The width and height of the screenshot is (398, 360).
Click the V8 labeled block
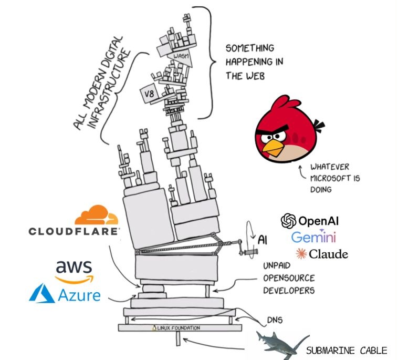tap(149, 93)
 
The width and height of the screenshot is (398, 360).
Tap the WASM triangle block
tap(181, 58)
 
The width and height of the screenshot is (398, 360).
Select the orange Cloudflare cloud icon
tap(97, 215)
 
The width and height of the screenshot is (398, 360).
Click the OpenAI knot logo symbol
tap(289, 221)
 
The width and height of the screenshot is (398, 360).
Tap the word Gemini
tap(313, 237)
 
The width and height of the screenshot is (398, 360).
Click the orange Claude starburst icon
tap(301, 253)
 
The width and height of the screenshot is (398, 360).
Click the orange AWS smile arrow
tap(75, 279)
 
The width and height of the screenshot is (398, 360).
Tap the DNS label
tap(275, 320)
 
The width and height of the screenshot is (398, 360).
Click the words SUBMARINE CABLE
tap(347, 351)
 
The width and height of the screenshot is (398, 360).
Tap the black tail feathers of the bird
tap(319, 126)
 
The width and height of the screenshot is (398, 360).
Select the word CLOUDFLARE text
tap(73, 231)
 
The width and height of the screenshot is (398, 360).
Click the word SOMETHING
tap(250, 48)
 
